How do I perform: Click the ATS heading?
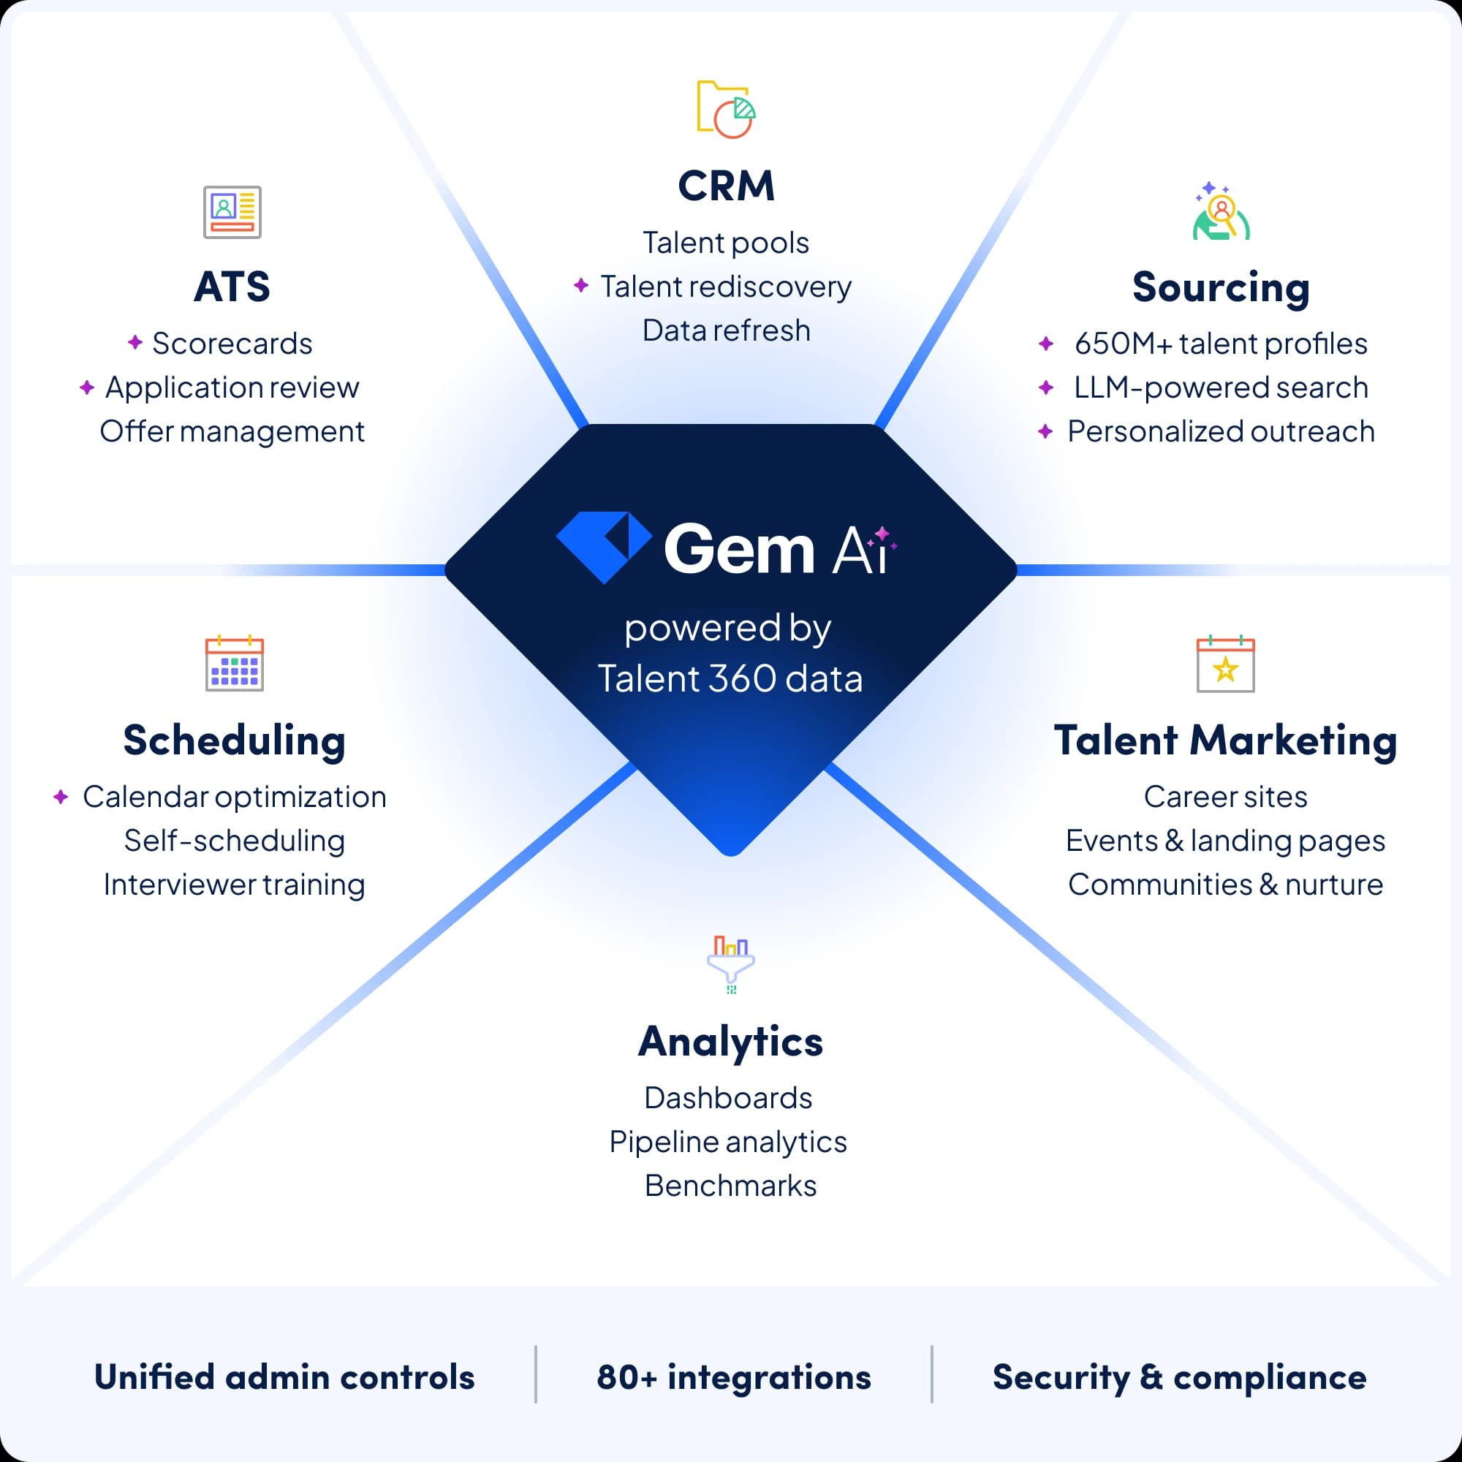[232, 287]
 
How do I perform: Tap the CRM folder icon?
[726, 110]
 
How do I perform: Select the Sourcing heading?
[1221, 287]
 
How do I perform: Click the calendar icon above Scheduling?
[235, 664]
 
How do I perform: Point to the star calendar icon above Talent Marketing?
[1225, 664]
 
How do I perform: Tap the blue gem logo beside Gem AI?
[603, 546]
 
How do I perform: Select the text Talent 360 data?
[730, 679]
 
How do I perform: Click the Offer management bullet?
[232, 431]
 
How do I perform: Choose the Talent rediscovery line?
[726, 287]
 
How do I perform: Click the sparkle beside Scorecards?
[135, 343]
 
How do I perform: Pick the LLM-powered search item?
[1221, 387]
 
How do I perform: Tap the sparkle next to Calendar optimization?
[61, 797]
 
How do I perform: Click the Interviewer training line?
[235, 885]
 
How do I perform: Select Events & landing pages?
[1225, 841]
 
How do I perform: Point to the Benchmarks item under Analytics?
[730, 1186]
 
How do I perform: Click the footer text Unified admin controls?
[284, 1377]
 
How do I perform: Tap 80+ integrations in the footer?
[733, 1377]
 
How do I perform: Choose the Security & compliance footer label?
[1179, 1377]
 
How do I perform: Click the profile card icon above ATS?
[232, 212]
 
